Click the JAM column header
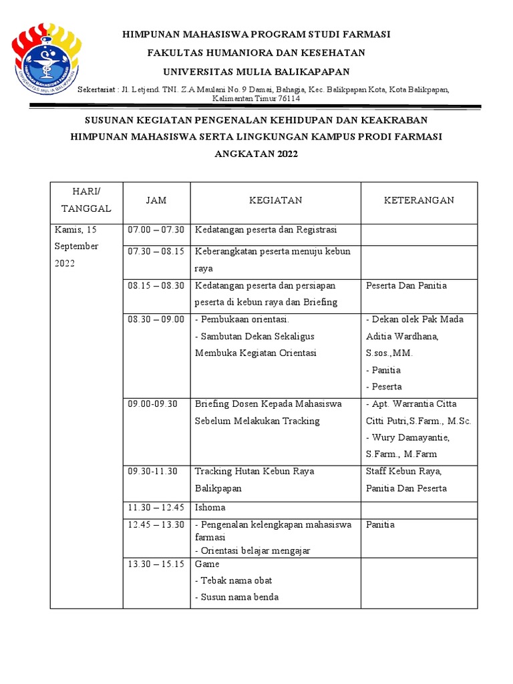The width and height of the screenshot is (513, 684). (x=156, y=200)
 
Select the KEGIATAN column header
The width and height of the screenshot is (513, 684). (x=275, y=200)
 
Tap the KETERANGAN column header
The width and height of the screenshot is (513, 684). (x=419, y=200)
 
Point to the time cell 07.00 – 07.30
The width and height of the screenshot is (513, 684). (x=156, y=230)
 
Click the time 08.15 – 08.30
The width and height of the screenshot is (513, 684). (x=156, y=285)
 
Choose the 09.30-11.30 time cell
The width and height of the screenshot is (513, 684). (x=152, y=471)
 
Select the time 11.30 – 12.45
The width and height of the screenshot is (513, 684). (x=156, y=508)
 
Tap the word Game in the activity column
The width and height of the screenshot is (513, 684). (x=207, y=564)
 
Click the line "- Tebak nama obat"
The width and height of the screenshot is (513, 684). (x=233, y=580)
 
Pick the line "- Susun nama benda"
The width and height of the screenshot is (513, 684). (x=236, y=597)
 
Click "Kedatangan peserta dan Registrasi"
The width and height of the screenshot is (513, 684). (x=266, y=230)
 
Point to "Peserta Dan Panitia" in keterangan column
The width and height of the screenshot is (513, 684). (x=406, y=285)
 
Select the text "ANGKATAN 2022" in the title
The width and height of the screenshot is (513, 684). (x=256, y=154)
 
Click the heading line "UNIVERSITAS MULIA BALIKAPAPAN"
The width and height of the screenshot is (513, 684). (x=256, y=71)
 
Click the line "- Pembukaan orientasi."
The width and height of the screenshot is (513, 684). (x=241, y=319)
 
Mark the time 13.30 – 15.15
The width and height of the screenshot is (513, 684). (x=156, y=564)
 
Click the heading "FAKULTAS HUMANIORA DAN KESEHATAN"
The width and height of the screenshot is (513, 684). (x=256, y=53)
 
